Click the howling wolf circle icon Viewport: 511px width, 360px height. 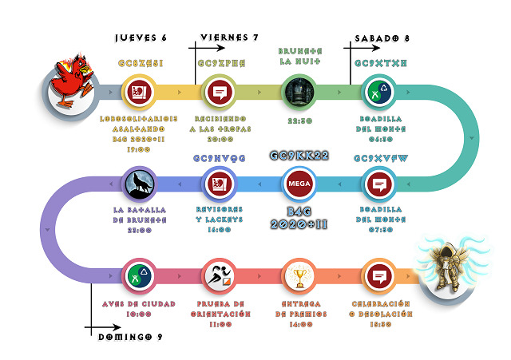tap(141, 185)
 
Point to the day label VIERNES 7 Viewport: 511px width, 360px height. tap(229, 38)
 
